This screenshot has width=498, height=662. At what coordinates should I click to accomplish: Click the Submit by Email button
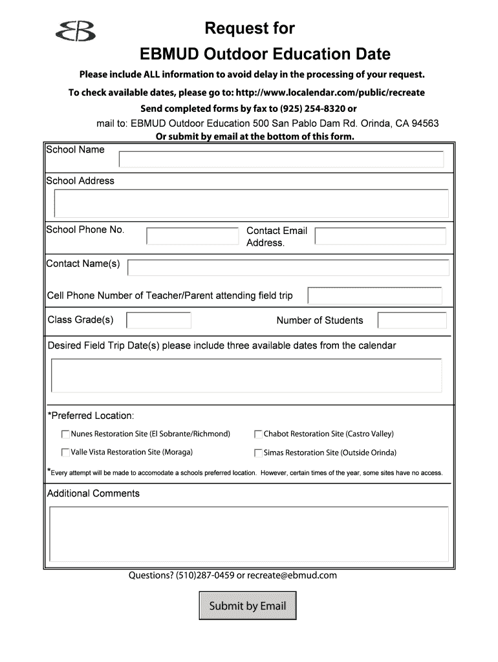point(247,606)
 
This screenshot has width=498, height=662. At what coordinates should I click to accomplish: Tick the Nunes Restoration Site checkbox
point(65,434)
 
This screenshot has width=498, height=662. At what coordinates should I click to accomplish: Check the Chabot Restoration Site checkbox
point(258,434)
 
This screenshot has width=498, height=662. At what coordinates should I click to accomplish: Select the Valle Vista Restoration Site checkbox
point(65,453)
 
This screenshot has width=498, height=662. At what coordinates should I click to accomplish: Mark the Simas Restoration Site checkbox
point(258,453)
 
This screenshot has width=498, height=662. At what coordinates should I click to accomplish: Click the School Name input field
point(281,159)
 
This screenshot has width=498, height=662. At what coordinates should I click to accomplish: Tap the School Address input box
point(251,203)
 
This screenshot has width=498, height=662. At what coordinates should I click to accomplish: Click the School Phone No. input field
point(192,237)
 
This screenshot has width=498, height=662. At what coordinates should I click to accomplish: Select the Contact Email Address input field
point(380,237)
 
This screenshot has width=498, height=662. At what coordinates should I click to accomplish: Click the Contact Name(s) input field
point(288,268)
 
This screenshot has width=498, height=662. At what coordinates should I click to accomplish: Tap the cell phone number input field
point(374,295)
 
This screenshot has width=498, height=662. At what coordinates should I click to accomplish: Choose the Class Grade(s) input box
point(158,320)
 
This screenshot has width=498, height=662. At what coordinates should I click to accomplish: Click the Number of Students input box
point(412,321)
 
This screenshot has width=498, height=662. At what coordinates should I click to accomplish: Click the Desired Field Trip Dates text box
point(246,376)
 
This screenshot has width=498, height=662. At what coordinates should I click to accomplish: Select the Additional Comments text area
point(248,535)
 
